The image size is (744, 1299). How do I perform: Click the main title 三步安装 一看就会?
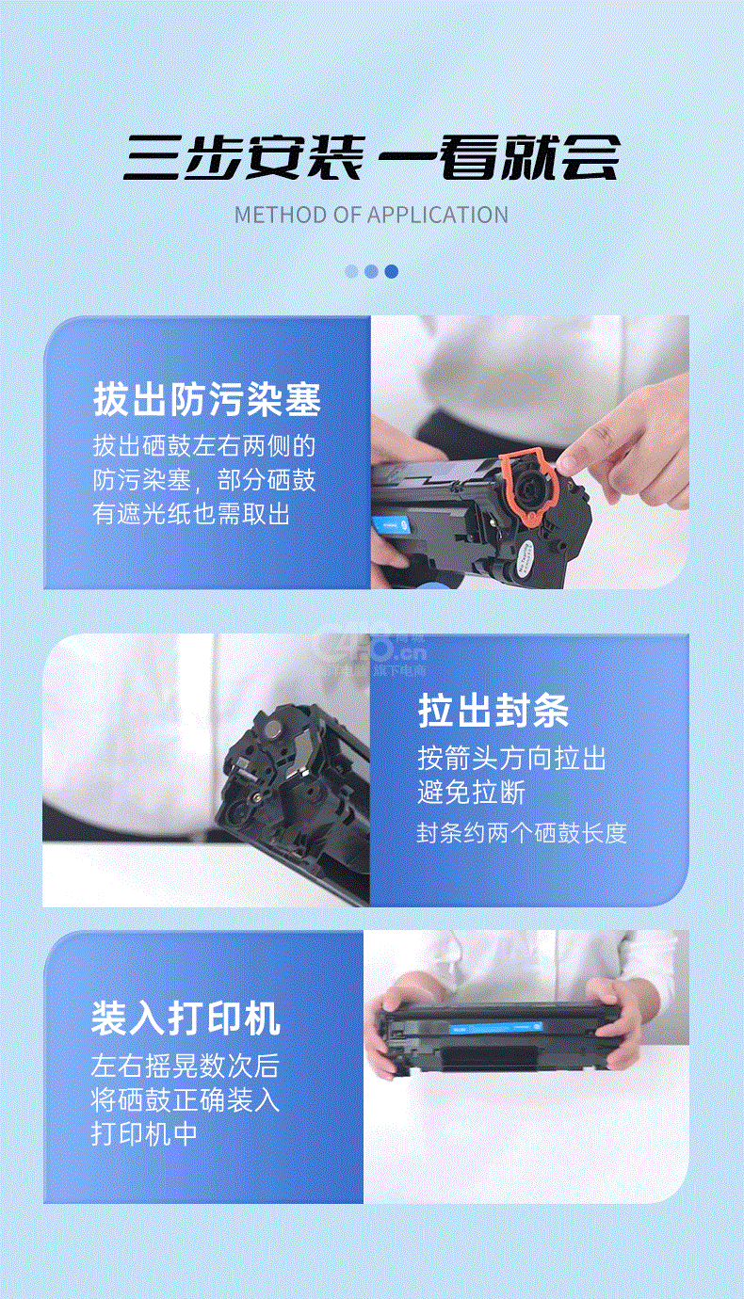371,157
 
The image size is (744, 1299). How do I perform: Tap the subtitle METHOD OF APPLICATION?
371,216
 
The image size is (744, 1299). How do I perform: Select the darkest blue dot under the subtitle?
392,271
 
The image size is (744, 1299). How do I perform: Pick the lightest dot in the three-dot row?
351,271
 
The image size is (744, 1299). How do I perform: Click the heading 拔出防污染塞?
207,399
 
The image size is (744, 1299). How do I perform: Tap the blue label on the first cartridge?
391,525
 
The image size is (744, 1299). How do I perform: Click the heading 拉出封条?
493,711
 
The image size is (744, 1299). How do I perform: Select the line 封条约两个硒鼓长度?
522,833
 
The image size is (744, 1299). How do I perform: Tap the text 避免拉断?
471,793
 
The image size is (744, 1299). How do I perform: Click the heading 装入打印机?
186,1018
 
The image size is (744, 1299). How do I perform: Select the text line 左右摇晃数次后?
186,1066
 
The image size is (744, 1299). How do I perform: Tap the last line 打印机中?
144,1133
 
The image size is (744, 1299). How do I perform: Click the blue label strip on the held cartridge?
495,1028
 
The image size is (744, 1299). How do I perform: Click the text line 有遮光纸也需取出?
191,514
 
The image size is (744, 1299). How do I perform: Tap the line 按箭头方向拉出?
512,758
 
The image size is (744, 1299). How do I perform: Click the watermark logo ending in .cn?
371,652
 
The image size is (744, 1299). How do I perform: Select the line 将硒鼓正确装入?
186,1099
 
